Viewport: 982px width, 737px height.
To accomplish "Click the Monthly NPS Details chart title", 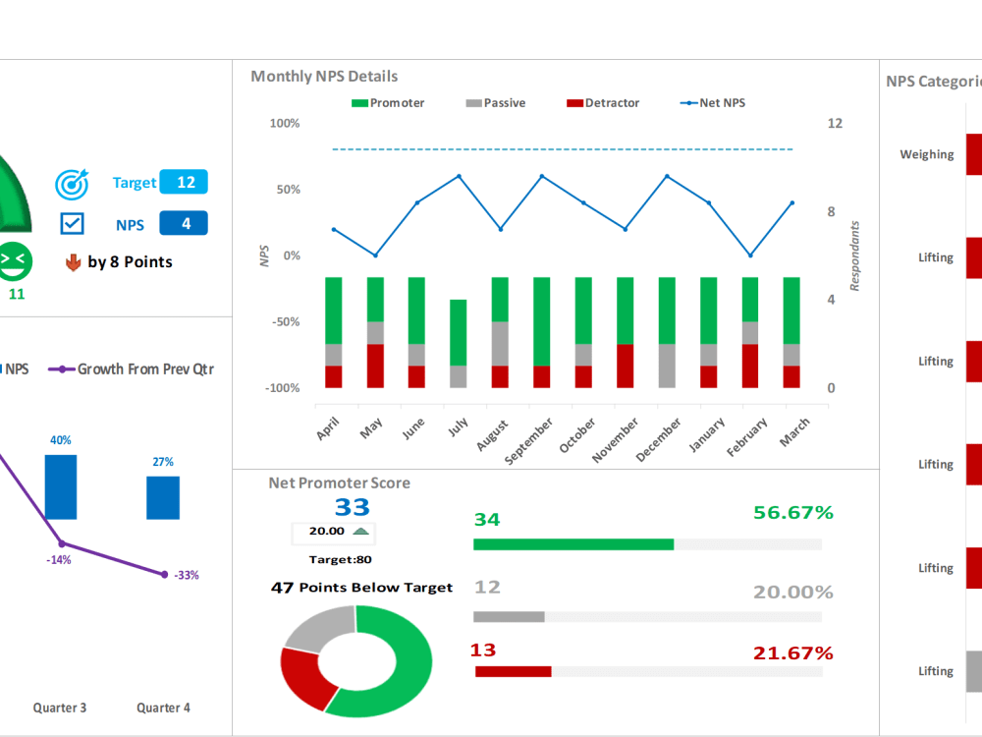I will pyautogui.click(x=324, y=77).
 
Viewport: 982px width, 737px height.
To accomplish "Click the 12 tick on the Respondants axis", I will pyautogui.click(x=835, y=124).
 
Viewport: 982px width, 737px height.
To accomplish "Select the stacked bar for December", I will pyautogui.click(x=667, y=332).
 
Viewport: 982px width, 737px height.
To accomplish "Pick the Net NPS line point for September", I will pyautogui.click(x=542, y=177).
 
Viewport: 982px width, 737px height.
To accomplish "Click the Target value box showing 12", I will pyautogui.click(x=184, y=183).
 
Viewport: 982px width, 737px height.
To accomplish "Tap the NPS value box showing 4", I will pyautogui.click(x=184, y=224).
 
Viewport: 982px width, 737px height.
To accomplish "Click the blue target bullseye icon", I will pyautogui.click(x=72, y=183).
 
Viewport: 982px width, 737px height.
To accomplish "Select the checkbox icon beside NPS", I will pyautogui.click(x=73, y=224).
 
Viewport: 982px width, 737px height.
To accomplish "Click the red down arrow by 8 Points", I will pyautogui.click(x=72, y=262).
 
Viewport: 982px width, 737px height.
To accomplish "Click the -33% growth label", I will pyautogui.click(x=187, y=576).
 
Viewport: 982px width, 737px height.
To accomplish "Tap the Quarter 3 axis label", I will pyautogui.click(x=60, y=708).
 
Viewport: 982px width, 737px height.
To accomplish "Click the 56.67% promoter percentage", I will pyautogui.click(x=792, y=513).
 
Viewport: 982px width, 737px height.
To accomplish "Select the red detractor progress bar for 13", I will pyautogui.click(x=513, y=671).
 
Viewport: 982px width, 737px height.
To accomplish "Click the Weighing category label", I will pyautogui.click(x=926, y=154).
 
